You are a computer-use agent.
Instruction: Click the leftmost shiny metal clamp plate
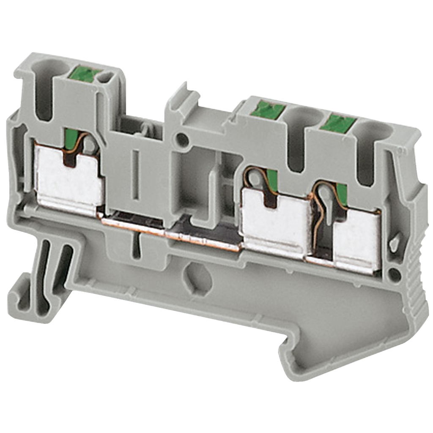click(x=68, y=178)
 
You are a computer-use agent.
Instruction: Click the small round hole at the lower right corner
click(x=395, y=274)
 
